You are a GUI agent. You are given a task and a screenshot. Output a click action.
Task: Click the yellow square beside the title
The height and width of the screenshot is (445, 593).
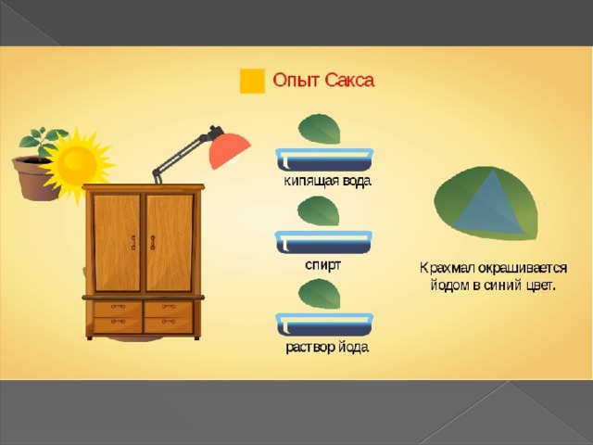pos(252,81)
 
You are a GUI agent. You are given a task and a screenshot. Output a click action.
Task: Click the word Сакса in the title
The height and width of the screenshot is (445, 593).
pos(349,81)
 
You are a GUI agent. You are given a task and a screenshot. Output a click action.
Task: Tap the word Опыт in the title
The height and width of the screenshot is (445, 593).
pos(296,81)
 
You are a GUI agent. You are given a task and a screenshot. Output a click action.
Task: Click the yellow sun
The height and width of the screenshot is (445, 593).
pos(78,164)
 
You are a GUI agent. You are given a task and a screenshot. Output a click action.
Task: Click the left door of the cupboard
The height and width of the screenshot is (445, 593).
pos(117,242)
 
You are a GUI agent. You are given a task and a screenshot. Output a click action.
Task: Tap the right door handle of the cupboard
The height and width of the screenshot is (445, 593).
pos(153,243)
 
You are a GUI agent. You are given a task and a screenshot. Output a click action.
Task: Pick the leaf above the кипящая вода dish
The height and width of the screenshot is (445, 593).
pos(319,129)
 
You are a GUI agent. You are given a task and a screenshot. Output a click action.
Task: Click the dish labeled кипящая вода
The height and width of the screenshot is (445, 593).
pos(324,160)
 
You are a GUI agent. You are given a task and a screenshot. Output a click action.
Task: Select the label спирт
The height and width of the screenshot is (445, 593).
pos(322,265)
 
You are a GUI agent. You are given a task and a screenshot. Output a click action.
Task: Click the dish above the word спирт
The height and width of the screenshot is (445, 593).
pos(323,242)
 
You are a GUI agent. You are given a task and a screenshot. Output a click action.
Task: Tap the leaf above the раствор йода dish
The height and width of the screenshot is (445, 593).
pos(319,294)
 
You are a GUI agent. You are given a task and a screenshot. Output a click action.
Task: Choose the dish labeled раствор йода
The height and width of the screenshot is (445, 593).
pos(324,324)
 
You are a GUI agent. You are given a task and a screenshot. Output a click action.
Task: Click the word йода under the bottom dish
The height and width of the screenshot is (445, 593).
pos(353,347)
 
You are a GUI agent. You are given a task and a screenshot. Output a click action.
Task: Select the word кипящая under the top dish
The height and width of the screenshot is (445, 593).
pos(311,182)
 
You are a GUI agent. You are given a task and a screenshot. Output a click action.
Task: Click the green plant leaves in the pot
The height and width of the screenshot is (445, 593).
pos(43,141)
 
